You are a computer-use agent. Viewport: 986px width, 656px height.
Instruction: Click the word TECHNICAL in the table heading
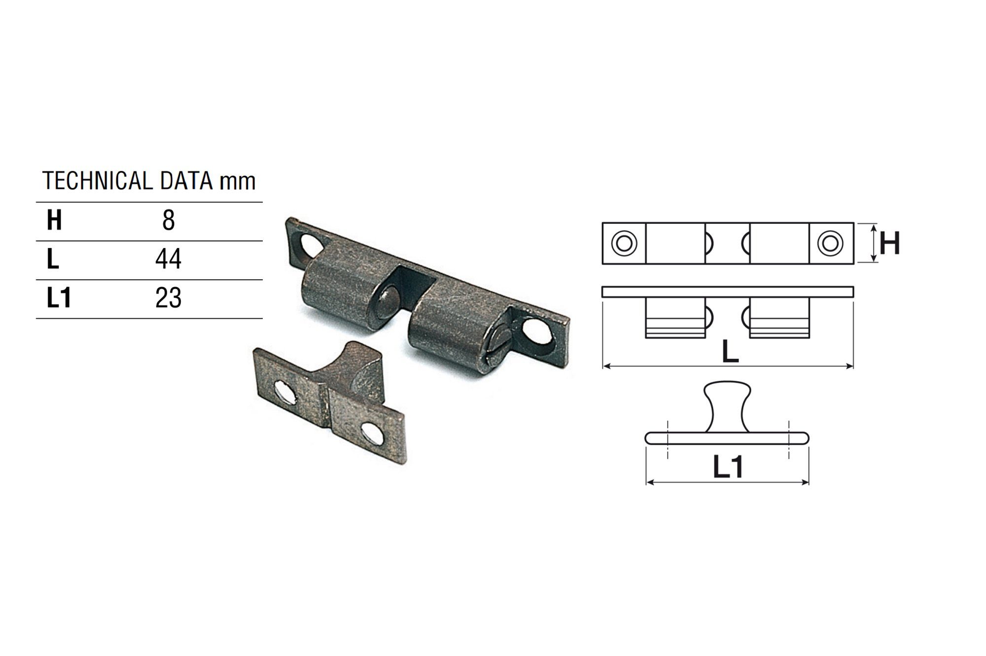(98, 181)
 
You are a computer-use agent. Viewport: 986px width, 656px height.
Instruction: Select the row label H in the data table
(54, 220)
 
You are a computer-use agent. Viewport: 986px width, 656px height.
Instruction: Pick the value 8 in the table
(169, 220)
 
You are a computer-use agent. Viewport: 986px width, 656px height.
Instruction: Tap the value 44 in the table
(169, 259)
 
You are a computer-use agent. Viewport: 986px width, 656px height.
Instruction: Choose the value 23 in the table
(169, 298)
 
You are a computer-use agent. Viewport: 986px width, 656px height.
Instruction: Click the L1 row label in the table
(59, 298)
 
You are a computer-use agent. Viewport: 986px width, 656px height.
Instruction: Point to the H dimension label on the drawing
(890, 243)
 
